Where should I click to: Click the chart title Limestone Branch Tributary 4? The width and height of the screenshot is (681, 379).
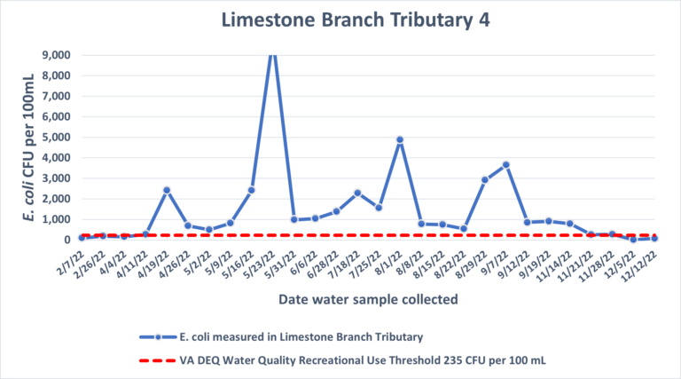(x=356, y=20)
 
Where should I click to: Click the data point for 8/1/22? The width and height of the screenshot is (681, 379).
(x=400, y=140)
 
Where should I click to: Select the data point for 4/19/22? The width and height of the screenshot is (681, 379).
(x=167, y=190)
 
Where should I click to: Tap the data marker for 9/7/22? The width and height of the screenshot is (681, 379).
(x=506, y=165)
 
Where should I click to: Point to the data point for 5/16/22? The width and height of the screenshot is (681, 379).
(x=252, y=190)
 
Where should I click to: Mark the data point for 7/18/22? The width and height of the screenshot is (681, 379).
(x=357, y=193)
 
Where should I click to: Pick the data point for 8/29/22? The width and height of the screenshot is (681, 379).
(x=485, y=180)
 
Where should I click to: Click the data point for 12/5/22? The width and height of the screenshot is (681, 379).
(x=633, y=239)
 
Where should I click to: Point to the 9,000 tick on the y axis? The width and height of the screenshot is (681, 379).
(x=56, y=55)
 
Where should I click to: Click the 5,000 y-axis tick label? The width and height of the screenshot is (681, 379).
(x=56, y=138)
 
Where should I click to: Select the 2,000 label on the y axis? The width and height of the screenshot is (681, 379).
(x=56, y=199)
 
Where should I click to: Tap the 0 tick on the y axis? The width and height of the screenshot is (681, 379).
(x=67, y=240)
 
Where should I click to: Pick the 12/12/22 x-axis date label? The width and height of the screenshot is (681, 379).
(x=639, y=267)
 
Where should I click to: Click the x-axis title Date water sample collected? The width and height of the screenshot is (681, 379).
(x=368, y=299)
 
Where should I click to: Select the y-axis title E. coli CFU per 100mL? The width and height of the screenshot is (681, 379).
(x=28, y=147)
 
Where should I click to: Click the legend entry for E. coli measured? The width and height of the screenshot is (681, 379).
(x=281, y=337)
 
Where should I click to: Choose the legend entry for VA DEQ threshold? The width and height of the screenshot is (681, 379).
(x=342, y=360)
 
